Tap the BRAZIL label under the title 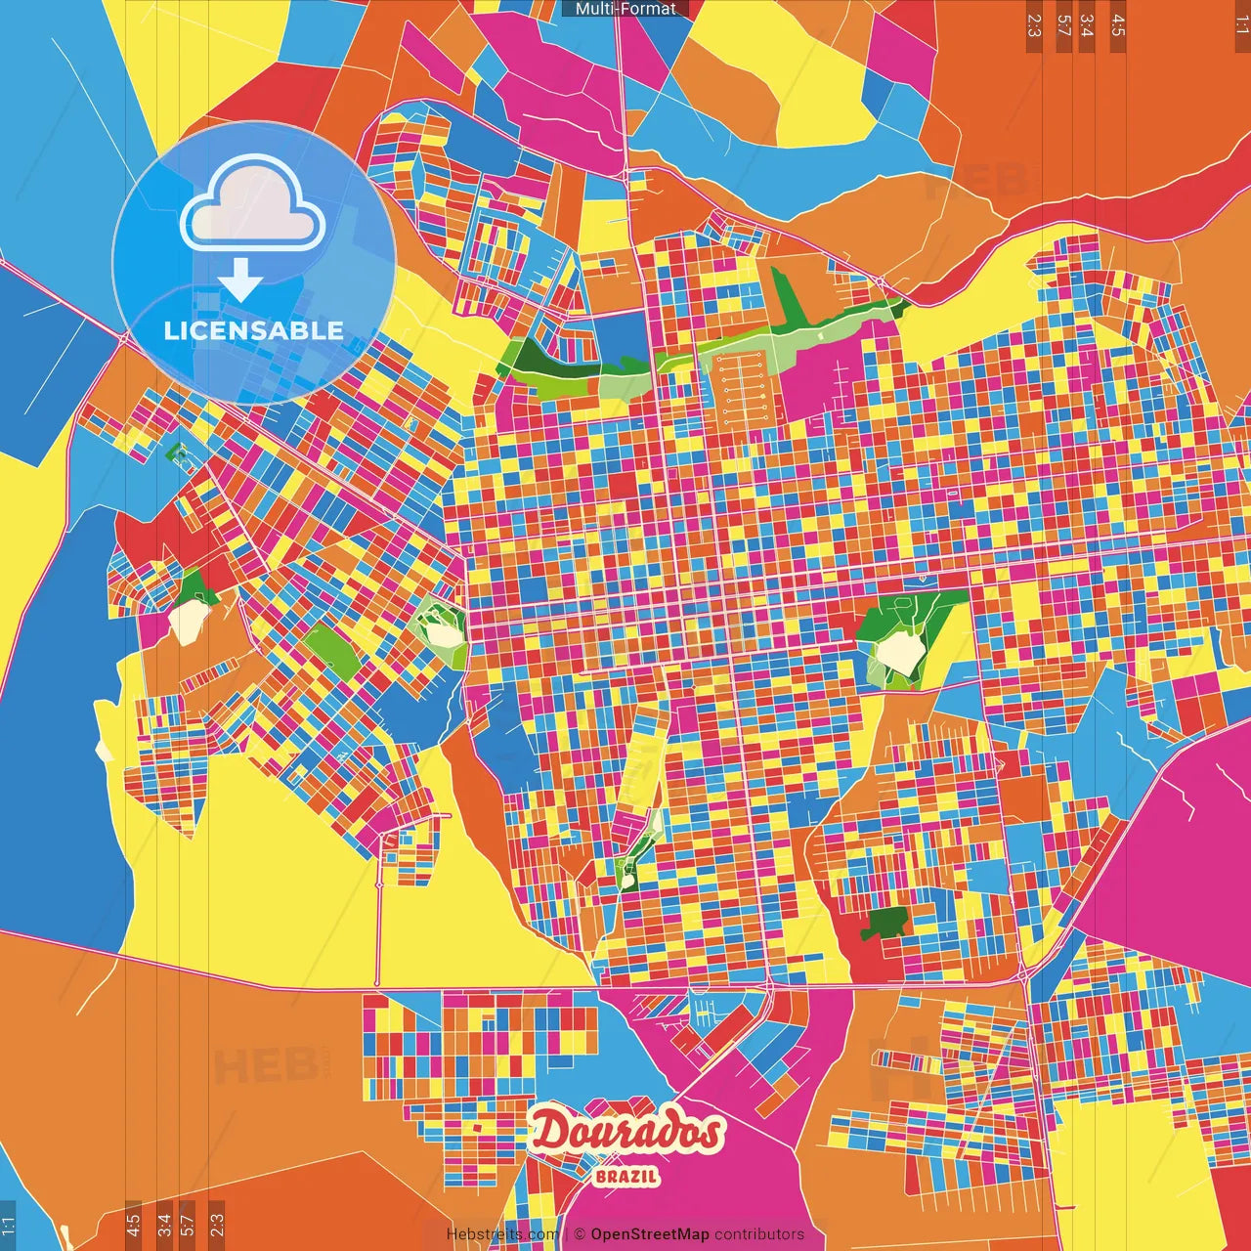point(625,1176)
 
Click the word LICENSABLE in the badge point(253,330)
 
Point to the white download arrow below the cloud point(240,280)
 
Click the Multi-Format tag point(625,9)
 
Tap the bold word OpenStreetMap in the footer point(649,1234)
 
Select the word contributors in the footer point(758,1234)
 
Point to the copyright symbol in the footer point(580,1234)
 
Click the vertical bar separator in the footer point(567,1234)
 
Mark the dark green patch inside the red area point(887,922)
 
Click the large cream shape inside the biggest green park point(897,652)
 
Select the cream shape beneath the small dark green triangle point(189,622)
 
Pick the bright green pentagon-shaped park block point(331,652)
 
